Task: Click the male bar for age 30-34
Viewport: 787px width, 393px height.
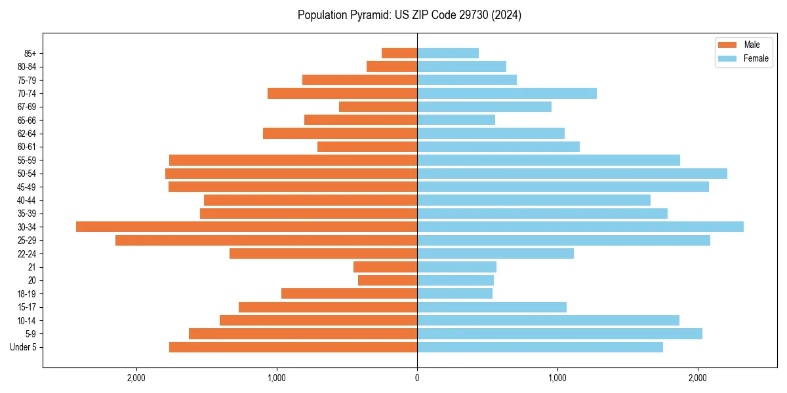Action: point(247,227)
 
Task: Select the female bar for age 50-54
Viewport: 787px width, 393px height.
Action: point(572,174)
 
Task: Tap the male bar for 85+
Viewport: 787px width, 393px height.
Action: point(399,53)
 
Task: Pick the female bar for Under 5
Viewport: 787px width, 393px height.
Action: point(540,347)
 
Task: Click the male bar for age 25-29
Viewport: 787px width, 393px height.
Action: point(266,240)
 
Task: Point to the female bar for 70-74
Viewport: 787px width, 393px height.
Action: point(507,93)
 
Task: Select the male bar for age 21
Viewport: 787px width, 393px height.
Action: point(386,267)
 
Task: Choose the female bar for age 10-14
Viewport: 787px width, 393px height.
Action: point(548,320)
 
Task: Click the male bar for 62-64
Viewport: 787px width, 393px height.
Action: point(340,134)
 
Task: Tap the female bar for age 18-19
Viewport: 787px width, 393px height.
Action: point(454,293)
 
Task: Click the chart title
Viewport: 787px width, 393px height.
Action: point(409,15)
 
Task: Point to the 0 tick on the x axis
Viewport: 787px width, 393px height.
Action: point(417,378)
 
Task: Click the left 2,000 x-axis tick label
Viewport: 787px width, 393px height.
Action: point(136,378)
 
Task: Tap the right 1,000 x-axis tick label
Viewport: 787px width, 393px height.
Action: point(557,378)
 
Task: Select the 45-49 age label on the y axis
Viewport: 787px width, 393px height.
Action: point(27,187)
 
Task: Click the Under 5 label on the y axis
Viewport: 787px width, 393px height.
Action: point(24,347)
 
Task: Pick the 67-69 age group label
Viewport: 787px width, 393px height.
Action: point(27,107)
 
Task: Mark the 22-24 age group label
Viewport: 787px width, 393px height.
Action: point(27,253)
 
